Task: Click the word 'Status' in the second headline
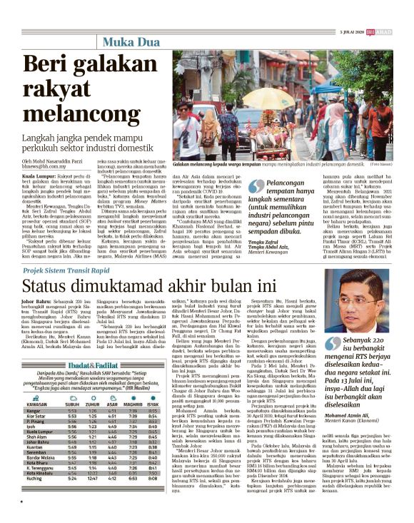coord(52,287)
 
